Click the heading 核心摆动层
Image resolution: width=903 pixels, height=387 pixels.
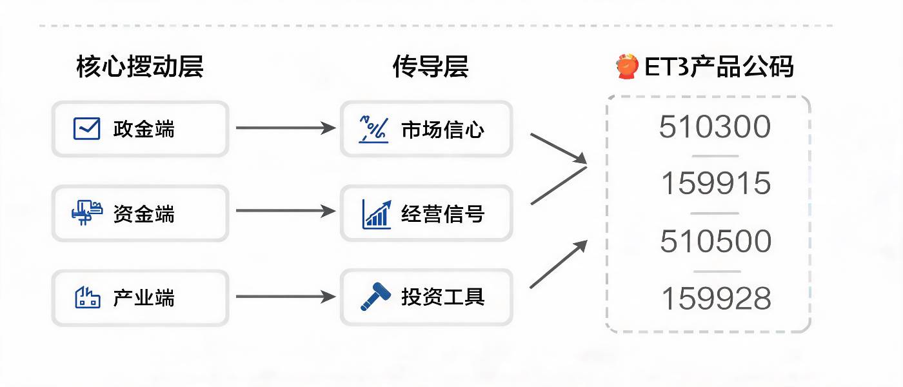click(140, 66)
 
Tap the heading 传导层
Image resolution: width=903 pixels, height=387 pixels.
click(431, 66)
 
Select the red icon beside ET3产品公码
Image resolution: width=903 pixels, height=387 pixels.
click(627, 66)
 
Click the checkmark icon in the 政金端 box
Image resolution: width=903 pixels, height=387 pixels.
click(86, 128)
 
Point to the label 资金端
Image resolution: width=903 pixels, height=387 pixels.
click(144, 213)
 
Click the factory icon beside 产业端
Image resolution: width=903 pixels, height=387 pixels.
click(88, 297)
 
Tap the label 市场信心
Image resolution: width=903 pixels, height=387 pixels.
click(442, 130)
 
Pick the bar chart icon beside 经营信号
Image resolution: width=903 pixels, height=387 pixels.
click(377, 214)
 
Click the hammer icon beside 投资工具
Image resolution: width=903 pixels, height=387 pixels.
click(375, 297)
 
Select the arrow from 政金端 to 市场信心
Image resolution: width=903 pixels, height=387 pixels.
click(286, 128)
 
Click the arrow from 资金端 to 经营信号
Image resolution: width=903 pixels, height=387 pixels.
click(286, 210)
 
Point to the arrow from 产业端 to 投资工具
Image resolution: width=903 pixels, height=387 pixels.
click(286, 297)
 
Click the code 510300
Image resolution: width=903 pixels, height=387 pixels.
click(715, 126)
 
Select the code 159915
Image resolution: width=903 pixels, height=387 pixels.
click(716, 183)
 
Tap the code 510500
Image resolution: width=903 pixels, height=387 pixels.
click(715, 241)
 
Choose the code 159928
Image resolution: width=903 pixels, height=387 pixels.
click(717, 299)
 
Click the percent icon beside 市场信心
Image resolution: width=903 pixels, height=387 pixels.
click(373, 130)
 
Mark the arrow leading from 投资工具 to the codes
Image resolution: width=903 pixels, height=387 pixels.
click(559, 264)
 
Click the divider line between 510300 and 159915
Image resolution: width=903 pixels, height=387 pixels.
click(715, 156)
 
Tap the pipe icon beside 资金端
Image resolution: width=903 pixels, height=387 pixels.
click(86, 212)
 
